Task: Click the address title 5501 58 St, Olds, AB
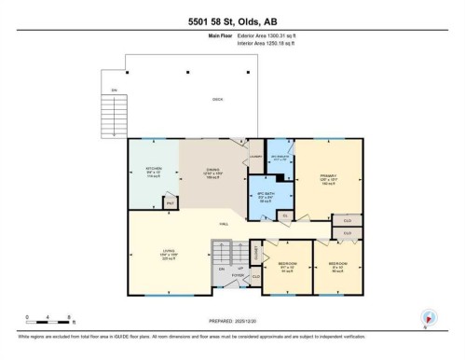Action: point(232,21)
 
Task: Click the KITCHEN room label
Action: point(155,172)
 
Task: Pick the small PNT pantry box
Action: point(170,201)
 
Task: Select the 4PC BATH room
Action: point(267,197)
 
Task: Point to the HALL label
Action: point(225,224)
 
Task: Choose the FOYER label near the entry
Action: point(238,275)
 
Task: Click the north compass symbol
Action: point(428,319)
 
